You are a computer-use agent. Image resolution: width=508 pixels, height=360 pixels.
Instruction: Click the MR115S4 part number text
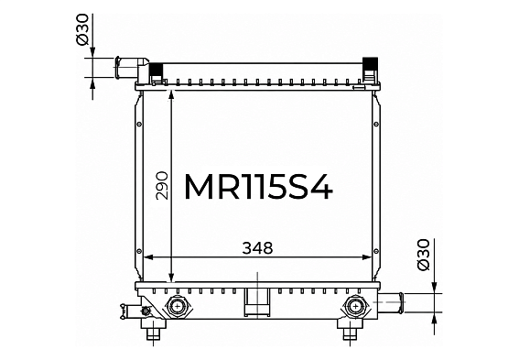point(258,188)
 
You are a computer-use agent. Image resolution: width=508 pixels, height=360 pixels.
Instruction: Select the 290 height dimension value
point(162,186)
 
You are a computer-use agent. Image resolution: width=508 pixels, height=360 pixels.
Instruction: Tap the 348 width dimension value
point(257,248)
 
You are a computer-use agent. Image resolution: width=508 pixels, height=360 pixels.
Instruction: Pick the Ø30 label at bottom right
point(423,255)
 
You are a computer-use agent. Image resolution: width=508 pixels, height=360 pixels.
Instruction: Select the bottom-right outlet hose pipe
point(392,302)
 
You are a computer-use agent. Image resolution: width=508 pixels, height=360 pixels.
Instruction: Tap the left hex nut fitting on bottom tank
point(178,306)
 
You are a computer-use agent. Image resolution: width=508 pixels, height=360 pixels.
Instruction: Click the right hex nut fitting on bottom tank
point(356,306)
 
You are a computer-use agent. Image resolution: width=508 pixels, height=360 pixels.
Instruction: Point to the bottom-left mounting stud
point(153,332)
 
